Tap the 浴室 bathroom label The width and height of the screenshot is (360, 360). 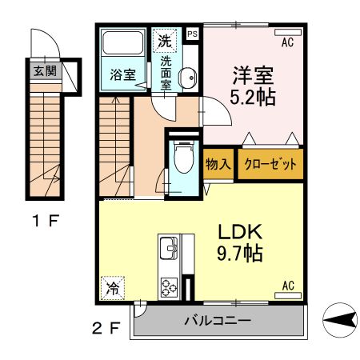(121, 77)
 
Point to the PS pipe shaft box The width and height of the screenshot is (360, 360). (192, 34)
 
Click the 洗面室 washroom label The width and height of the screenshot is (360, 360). (167, 72)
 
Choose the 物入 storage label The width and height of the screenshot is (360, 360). (218, 165)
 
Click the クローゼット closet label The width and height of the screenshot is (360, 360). (270, 165)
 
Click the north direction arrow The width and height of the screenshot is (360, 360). (339, 322)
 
